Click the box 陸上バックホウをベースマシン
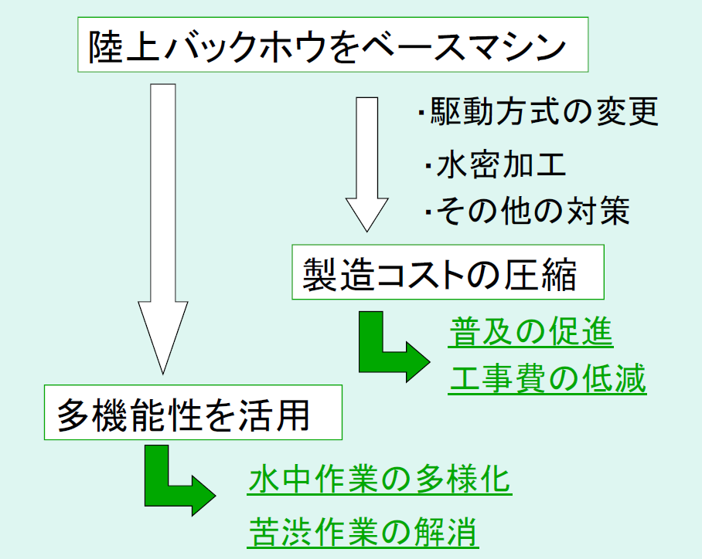pyautogui.click(x=333, y=48)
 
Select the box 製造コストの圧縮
pyautogui.click(x=448, y=273)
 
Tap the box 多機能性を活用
pyautogui.click(x=193, y=415)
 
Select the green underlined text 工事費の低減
pyautogui.click(x=547, y=380)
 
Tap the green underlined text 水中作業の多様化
pyautogui.click(x=380, y=480)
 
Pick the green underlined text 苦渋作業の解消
pyautogui.click(x=363, y=531)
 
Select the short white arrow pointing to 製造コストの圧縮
pyautogui.click(x=366, y=162)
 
